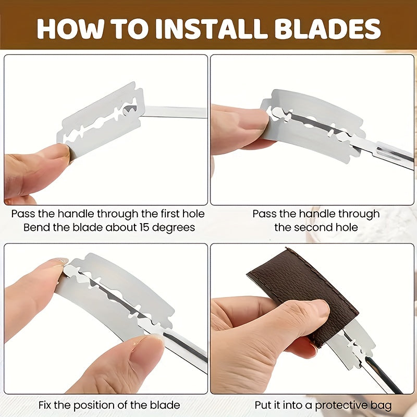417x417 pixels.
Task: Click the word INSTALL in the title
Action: click(x=211, y=29)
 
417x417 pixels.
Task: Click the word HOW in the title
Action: click(x=70, y=29)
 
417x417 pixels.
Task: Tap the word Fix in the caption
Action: click(x=45, y=405)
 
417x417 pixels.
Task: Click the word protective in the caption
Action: click(x=341, y=406)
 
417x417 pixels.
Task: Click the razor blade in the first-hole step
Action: click(x=101, y=120)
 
